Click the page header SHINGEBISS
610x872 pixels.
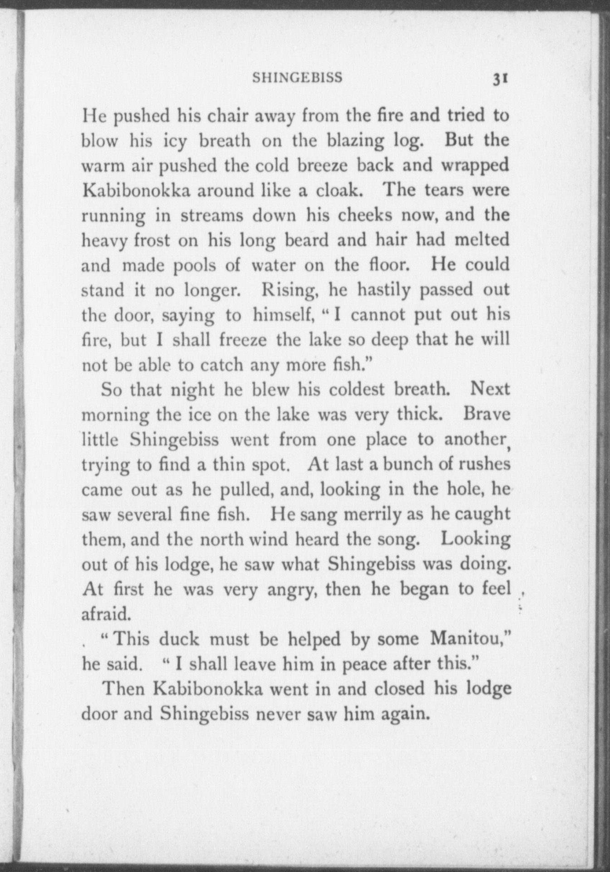tap(297, 78)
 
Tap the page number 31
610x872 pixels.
tap(500, 79)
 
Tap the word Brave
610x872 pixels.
tap(487, 415)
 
